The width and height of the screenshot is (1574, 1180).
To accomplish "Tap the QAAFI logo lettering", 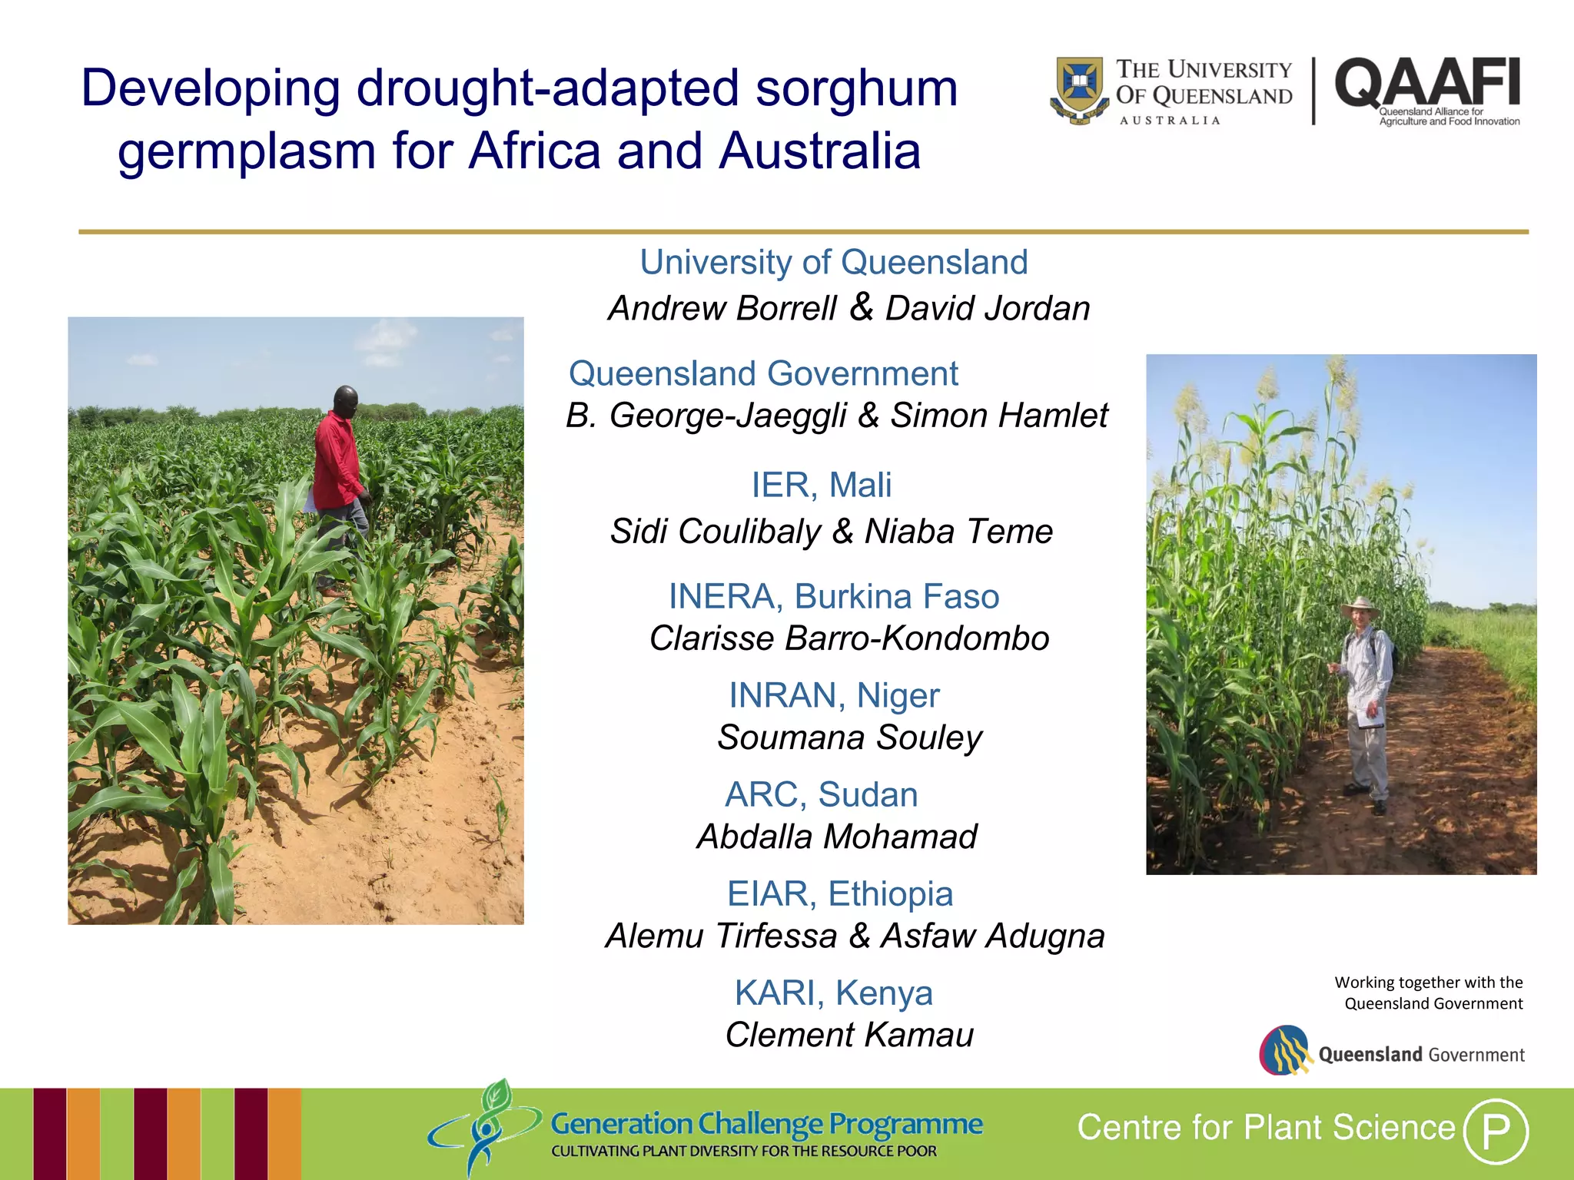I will tap(1427, 83).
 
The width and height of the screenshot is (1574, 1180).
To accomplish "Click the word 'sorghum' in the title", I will tap(856, 88).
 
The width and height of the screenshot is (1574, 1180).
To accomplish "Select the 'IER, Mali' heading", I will tap(821, 485).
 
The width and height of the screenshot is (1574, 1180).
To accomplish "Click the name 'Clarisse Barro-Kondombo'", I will tap(849, 638).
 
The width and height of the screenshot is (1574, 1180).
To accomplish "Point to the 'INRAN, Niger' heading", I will tap(834, 695).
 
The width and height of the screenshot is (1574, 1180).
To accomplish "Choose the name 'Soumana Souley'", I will tap(849, 737).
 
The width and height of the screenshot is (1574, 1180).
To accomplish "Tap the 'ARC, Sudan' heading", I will tap(821, 794).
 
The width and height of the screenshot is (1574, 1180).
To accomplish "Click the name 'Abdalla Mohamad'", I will tap(836, 837).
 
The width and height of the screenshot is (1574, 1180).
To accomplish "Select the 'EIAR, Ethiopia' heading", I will tap(840, 893).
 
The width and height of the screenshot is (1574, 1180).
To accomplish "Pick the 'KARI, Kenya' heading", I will tap(833, 993).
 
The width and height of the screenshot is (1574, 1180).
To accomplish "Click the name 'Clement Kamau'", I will tap(849, 1035).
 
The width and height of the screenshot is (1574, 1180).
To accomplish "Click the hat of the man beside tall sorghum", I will tap(1360, 608).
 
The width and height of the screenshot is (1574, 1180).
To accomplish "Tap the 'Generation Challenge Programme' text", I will tap(766, 1124).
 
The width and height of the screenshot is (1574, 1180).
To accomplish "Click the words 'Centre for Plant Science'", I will tap(1266, 1128).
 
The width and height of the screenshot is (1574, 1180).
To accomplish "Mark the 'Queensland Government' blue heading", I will tap(763, 373).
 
